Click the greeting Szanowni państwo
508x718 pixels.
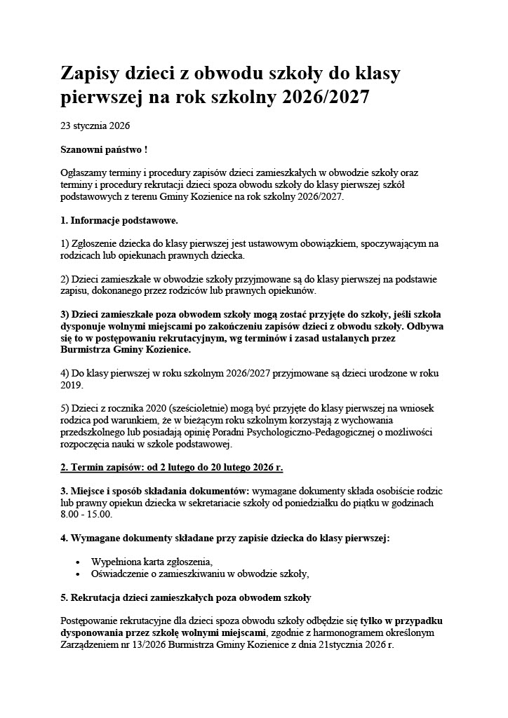(102, 150)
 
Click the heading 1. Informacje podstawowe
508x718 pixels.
(119, 220)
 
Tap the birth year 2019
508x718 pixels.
(72, 384)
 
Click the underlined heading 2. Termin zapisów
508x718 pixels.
(172, 467)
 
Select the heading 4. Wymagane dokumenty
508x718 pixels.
(225, 538)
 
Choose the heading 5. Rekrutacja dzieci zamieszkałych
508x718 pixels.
(185, 597)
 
